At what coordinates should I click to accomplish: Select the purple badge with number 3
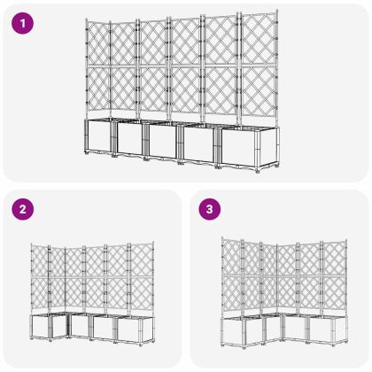point(209,211)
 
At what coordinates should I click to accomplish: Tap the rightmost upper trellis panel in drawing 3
point(331,261)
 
